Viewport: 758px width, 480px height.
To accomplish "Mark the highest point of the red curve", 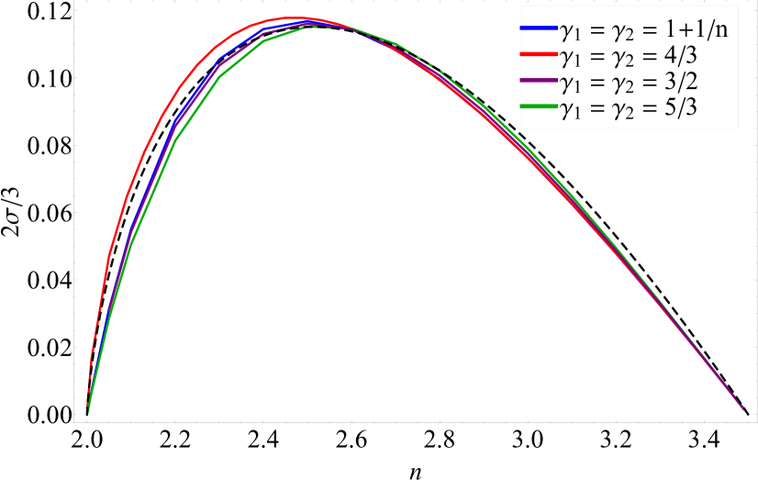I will click(x=298, y=17).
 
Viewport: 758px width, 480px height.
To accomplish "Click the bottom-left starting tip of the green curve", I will click(x=88, y=410).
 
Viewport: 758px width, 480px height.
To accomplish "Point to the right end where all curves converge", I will click(x=741, y=407).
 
